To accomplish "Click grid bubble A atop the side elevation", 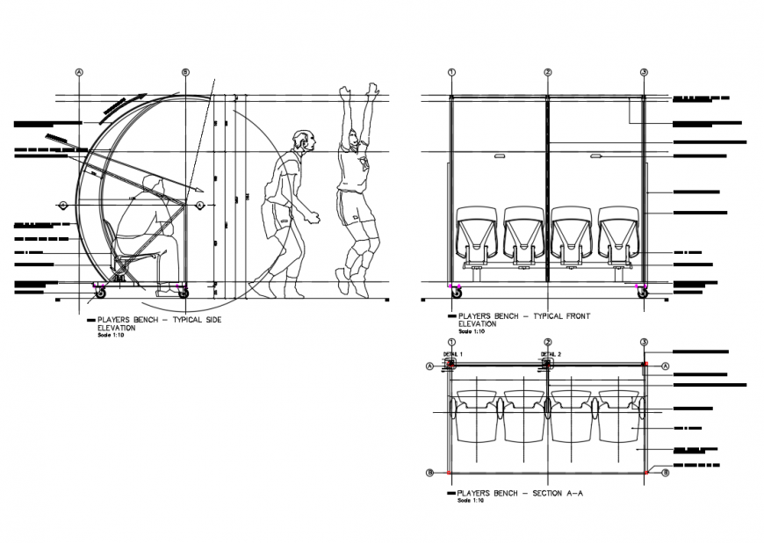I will (x=79, y=72).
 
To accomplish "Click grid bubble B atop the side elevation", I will (x=184, y=72).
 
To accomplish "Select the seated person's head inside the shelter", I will (x=155, y=184).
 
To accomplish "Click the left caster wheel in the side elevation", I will (x=100, y=293).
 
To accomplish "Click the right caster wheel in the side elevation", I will (x=184, y=293).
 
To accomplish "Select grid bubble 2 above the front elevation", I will (x=547, y=72).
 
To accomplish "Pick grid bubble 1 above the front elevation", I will (x=450, y=72).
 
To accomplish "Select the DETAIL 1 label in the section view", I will (x=450, y=352).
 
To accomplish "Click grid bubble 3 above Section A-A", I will (x=644, y=343).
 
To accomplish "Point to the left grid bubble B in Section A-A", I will (x=430, y=473).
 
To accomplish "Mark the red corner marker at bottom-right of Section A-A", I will (x=646, y=473).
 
